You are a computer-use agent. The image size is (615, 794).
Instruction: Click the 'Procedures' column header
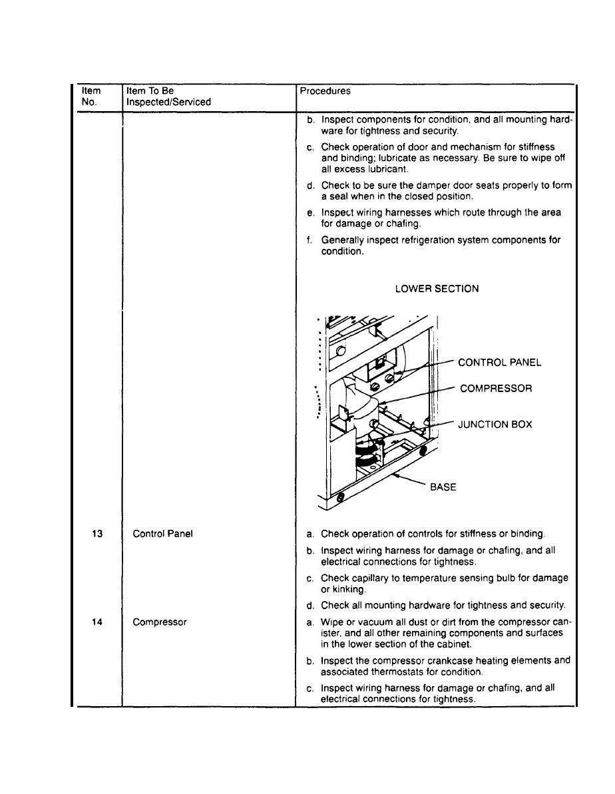(x=325, y=91)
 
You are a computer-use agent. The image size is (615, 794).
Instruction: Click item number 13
(x=97, y=534)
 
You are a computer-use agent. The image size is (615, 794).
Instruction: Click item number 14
(x=97, y=622)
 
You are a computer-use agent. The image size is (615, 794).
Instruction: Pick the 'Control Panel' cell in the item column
(x=163, y=534)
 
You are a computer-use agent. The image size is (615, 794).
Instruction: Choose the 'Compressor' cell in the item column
(x=160, y=622)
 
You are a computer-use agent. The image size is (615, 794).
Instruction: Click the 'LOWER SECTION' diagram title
(x=437, y=289)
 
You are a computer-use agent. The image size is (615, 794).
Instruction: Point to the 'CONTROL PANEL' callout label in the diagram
(x=499, y=363)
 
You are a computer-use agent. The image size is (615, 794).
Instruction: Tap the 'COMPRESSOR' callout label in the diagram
(x=495, y=388)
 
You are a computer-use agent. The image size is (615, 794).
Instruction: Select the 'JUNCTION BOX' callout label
(x=495, y=424)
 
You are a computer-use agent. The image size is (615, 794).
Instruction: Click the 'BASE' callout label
(x=443, y=487)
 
